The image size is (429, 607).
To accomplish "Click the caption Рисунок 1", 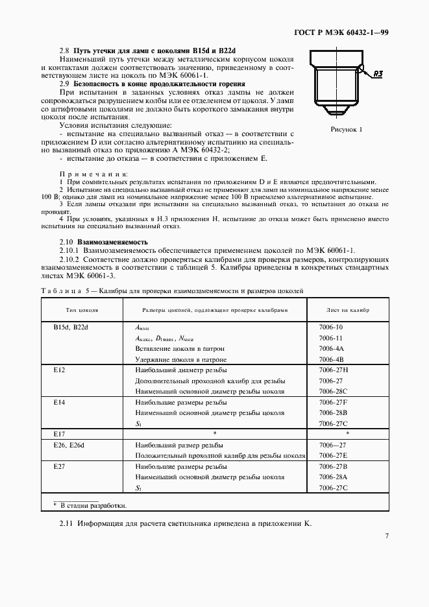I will click(x=346, y=130).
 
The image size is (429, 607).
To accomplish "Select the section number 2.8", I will click(x=64, y=50).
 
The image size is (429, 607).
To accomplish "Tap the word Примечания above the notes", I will click(x=94, y=174).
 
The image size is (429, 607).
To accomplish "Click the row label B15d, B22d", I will click(x=71, y=327).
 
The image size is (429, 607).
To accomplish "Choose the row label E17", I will click(x=60, y=432).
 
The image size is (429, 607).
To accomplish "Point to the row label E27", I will click(x=60, y=466).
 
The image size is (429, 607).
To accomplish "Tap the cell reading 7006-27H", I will click(x=334, y=370).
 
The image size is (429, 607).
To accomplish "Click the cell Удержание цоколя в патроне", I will click(x=181, y=359).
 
